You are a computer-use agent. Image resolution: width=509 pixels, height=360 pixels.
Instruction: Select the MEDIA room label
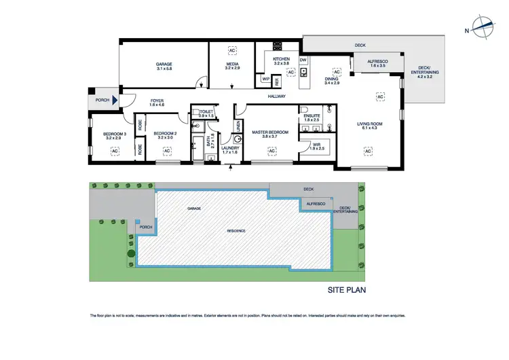(233, 65)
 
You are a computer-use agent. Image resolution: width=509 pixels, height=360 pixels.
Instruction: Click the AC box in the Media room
(233, 50)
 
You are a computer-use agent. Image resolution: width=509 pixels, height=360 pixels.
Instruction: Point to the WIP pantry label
(266, 79)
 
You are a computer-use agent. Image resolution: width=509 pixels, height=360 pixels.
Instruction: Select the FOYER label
(157, 102)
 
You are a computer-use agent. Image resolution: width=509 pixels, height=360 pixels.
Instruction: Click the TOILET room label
(202, 112)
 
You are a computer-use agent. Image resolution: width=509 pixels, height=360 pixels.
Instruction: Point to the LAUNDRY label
(230, 147)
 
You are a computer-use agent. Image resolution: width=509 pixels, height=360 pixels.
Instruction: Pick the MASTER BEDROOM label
(270, 131)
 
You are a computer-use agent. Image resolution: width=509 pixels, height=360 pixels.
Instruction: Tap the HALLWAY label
(276, 96)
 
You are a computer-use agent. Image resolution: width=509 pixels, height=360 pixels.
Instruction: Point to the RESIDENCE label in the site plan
(236, 232)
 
